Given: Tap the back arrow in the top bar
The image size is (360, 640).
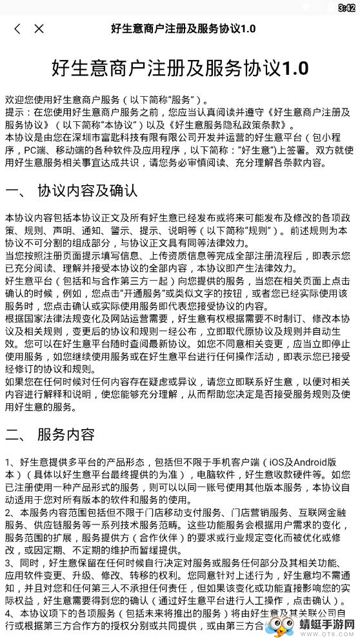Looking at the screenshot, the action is (x=17, y=28).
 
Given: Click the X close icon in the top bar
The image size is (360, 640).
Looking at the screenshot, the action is (x=39, y=28).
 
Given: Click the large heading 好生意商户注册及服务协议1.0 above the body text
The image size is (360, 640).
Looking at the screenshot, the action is (x=179, y=68).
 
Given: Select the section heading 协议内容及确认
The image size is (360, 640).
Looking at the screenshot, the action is (x=87, y=191).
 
